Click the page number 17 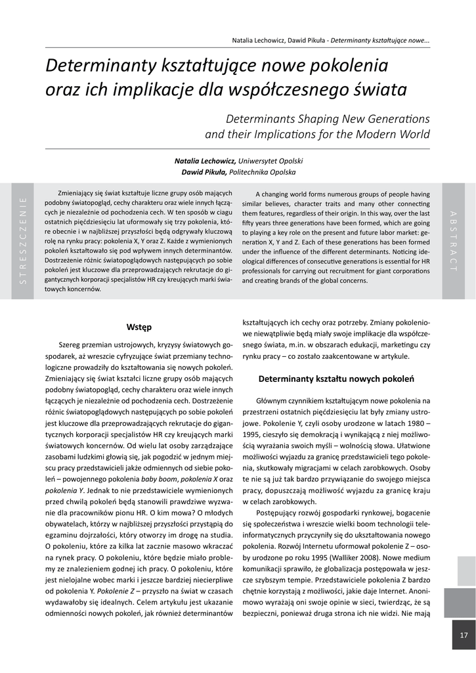pyautogui.click(x=464, y=635)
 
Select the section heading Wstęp pyautogui.click(x=139, y=327)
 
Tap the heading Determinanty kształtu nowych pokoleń pyautogui.click(x=335, y=379)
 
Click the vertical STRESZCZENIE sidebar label pyautogui.click(x=24, y=240)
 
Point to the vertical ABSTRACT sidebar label pyautogui.click(x=453, y=240)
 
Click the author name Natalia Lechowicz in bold pyautogui.click(x=205, y=160)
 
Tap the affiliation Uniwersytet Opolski pyautogui.click(x=270, y=160)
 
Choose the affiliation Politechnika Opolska pyautogui.click(x=261, y=172)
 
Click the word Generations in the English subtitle pyautogui.click(x=392, y=119)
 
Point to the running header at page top pyautogui.click(x=331, y=40)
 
